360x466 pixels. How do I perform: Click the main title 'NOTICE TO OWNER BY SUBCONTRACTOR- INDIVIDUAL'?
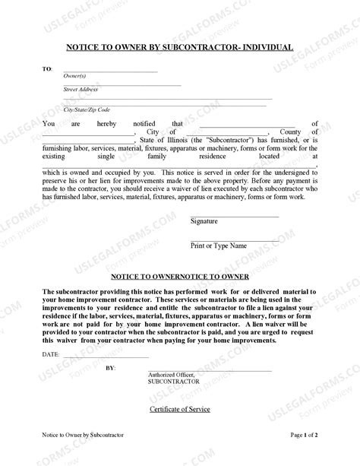pyautogui.click(x=180, y=47)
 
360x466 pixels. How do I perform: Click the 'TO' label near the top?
pyautogui.click(x=47, y=69)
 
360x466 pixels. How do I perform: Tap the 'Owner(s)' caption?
pyautogui.click(x=74, y=76)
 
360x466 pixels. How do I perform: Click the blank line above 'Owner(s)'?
pyautogui.click(x=110, y=71)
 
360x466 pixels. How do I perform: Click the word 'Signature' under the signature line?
pyautogui.click(x=204, y=221)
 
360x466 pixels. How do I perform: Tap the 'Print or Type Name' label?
pyautogui.click(x=218, y=246)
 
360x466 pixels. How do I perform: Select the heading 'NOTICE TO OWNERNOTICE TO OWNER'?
pyautogui.click(x=180, y=277)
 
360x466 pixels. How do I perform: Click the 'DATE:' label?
pyautogui.click(x=50, y=355)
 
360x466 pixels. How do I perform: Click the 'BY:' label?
pyautogui.click(x=111, y=368)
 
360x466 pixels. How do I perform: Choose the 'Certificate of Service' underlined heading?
pyautogui.click(x=179, y=410)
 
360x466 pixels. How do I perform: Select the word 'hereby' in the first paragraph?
pyautogui.click(x=110, y=122)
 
